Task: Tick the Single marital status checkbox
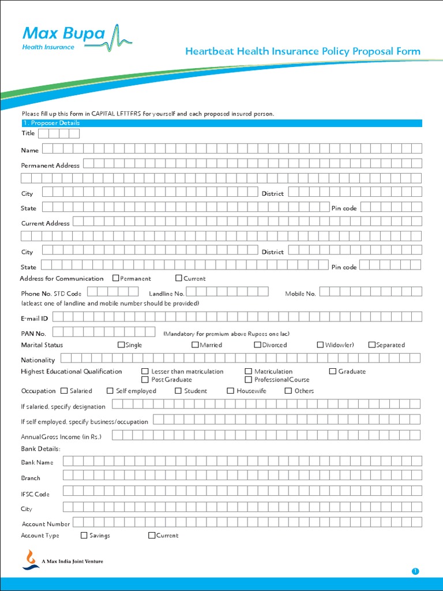pyautogui.click(x=121, y=345)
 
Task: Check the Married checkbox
pyautogui.click(x=196, y=345)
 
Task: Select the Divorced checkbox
pyautogui.click(x=257, y=345)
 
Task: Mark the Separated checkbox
pyautogui.click(x=372, y=345)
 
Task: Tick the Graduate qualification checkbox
pyautogui.click(x=333, y=371)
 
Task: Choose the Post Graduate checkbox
pyautogui.click(x=145, y=379)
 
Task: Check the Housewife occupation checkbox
pyautogui.click(x=231, y=391)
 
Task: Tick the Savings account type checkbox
pyautogui.click(x=84, y=535)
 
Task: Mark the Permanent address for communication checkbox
pyautogui.click(x=116, y=278)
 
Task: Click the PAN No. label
pyautogui.click(x=33, y=334)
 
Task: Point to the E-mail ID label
pyautogui.click(x=35, y=318)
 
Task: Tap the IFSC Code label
pyautogui.click(x=35, y=494)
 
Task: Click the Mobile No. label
pyautogui.click(x=301, y=294)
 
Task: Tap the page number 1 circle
pyautogui.click(x=415, y=571)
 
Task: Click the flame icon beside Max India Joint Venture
pyautogui.click(x=31, y=559)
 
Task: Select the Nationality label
pyautogui.click(x=38, y=360)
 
